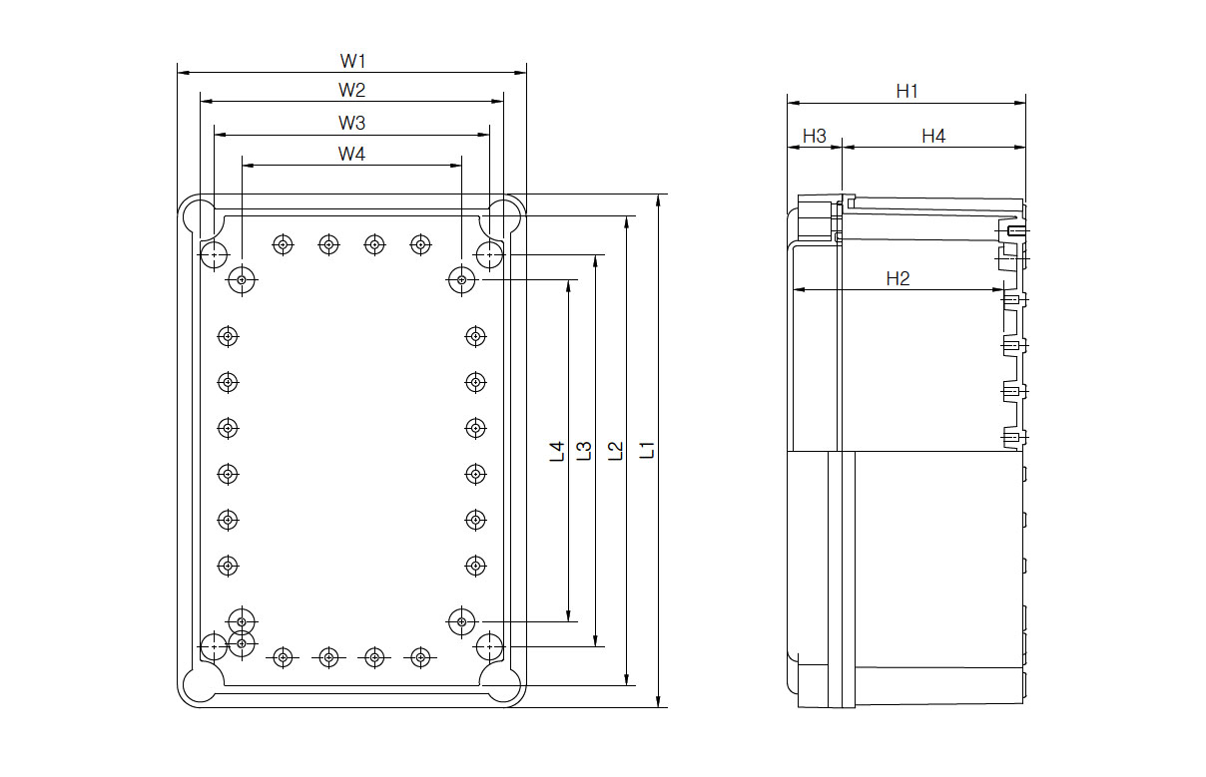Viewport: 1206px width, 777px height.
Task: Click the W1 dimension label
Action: click(x=351, y=60)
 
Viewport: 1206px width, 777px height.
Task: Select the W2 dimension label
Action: click(x=351, y=90)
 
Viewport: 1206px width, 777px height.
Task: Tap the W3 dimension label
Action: click(x=351, y=123)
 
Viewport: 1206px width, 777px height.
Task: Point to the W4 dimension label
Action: click(x=351, y=154)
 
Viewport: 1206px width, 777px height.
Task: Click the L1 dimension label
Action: click(x=647, y=450)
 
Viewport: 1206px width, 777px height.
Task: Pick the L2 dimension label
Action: click(x=616, y=451)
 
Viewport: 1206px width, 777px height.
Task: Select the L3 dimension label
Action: click(x=585, y=452)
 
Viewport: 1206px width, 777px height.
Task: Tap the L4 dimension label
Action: click(x=557, y=452)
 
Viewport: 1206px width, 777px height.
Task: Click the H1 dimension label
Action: click(x=906, y=91)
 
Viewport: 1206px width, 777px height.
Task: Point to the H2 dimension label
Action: click(x=898, y=278)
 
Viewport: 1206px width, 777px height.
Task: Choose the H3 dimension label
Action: click(x=815, y=136)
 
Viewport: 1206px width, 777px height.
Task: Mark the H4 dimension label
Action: click(x=932, y=136)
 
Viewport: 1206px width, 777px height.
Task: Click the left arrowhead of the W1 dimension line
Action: click(x=182, y=73)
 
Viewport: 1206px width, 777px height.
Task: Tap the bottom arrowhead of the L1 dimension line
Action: click(x=659, y=703)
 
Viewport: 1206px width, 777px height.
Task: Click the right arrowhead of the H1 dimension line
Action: click(x=1021, y=102)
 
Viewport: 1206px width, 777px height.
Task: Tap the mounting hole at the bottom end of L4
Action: click(x=461, y=621)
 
